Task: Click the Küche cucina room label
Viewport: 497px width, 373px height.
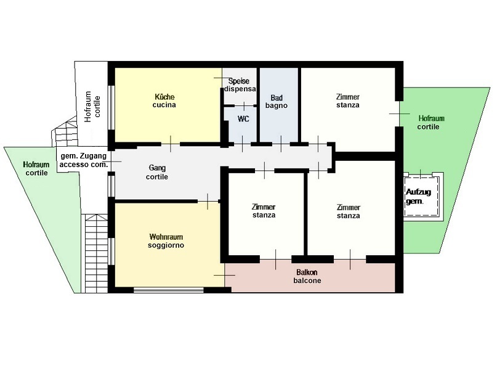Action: (x=164, y=101)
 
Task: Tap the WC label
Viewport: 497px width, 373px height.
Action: (x=243, y=119)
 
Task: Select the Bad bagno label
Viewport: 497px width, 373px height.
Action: (x=277, y=102)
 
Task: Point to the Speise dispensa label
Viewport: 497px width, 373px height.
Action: (x=240, y=85)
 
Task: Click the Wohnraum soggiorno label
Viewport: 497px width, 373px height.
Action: (x=166, y=241)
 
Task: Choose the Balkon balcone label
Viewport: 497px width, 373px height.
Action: (x=307, y=276)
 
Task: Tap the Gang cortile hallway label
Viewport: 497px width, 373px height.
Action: (x=157, y=172)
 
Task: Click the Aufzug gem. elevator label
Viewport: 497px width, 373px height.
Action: (x=418, y=196)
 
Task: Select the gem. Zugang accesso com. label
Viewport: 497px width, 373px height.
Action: (x=84, y=160)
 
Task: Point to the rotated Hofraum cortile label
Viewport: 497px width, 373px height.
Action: (x=92, y=107)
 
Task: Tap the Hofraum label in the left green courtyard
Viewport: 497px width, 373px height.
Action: (x=36, y=165)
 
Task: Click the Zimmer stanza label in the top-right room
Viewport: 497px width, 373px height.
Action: (x=348, y=101)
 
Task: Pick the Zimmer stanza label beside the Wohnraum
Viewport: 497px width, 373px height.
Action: (x=264, y=211)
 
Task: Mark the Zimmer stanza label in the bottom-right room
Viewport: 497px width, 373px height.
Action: (x=349, y=211)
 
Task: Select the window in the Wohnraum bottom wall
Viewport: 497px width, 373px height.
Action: (x=169, y=290)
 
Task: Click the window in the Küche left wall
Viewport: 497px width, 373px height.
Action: (x=111, y=107)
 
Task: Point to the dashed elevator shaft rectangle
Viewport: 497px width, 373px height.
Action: (x=421, y=197)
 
